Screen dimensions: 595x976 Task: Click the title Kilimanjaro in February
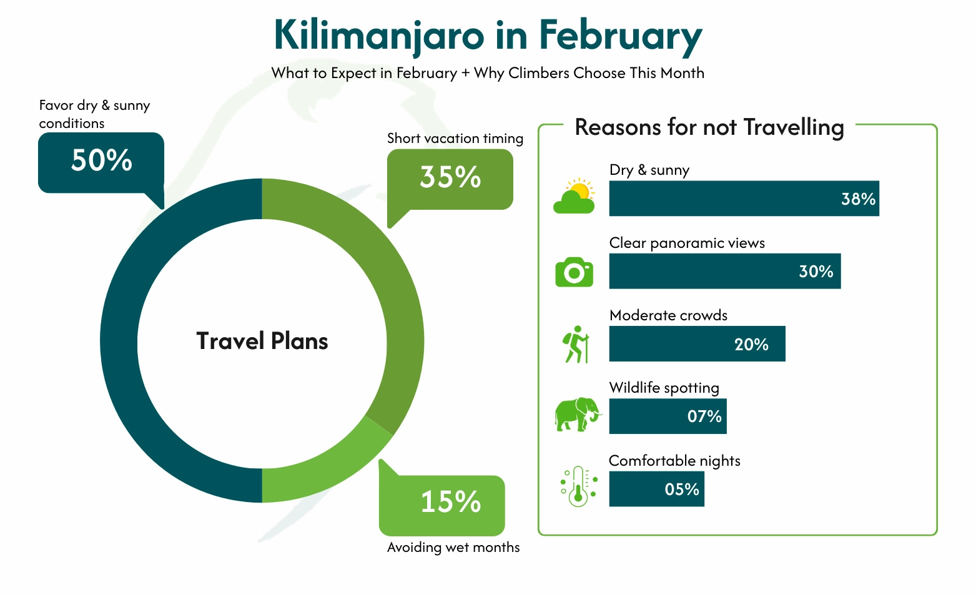[488, 36]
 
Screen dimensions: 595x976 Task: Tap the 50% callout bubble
[101, 162]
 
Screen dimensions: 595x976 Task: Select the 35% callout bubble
[450, 179]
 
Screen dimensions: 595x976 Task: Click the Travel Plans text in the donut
[262, 342]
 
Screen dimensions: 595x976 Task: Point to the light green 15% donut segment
[325, 471]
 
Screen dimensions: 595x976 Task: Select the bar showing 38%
[744, 199]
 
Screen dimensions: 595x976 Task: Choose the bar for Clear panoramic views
[724, 271]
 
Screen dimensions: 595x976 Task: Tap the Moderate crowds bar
[697, 344]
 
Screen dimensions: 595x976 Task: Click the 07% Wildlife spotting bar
[668, 416]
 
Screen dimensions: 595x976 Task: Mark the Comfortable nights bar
[656, 489]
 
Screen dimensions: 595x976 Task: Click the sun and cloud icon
[574, 196]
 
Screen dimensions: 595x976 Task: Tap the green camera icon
[574, 272]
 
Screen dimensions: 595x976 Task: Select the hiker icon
[576, 344]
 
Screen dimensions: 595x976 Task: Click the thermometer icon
[578, 486]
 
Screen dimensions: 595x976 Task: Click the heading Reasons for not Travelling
[709, 127]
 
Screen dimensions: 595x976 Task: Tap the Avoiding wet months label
[453, 548]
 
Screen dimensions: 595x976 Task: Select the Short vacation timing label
[455, 139]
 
